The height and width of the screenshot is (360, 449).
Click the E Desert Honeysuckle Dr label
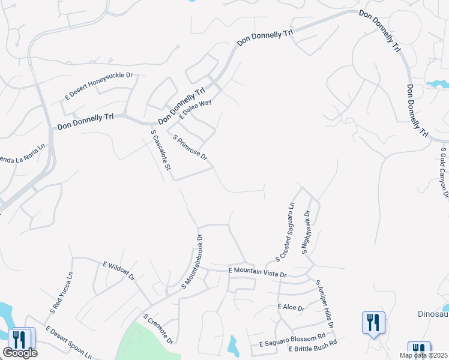[x=99, y=86]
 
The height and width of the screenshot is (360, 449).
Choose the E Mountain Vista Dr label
[x=258, y=272]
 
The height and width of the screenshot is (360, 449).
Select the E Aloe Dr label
[x=291, y=308]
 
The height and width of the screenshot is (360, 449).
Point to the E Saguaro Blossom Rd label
[x=292, y=340]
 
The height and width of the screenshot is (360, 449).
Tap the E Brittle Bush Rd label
[x=312, y=349]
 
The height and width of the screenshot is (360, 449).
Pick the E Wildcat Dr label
[x=119, y=271]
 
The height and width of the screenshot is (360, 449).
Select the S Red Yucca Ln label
[x=61, y=293]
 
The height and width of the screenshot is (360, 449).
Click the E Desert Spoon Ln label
[x=69, y=342]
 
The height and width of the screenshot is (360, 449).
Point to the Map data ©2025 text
[x=423, y=355]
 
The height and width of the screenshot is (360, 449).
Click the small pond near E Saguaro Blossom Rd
[x=232, y=344]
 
